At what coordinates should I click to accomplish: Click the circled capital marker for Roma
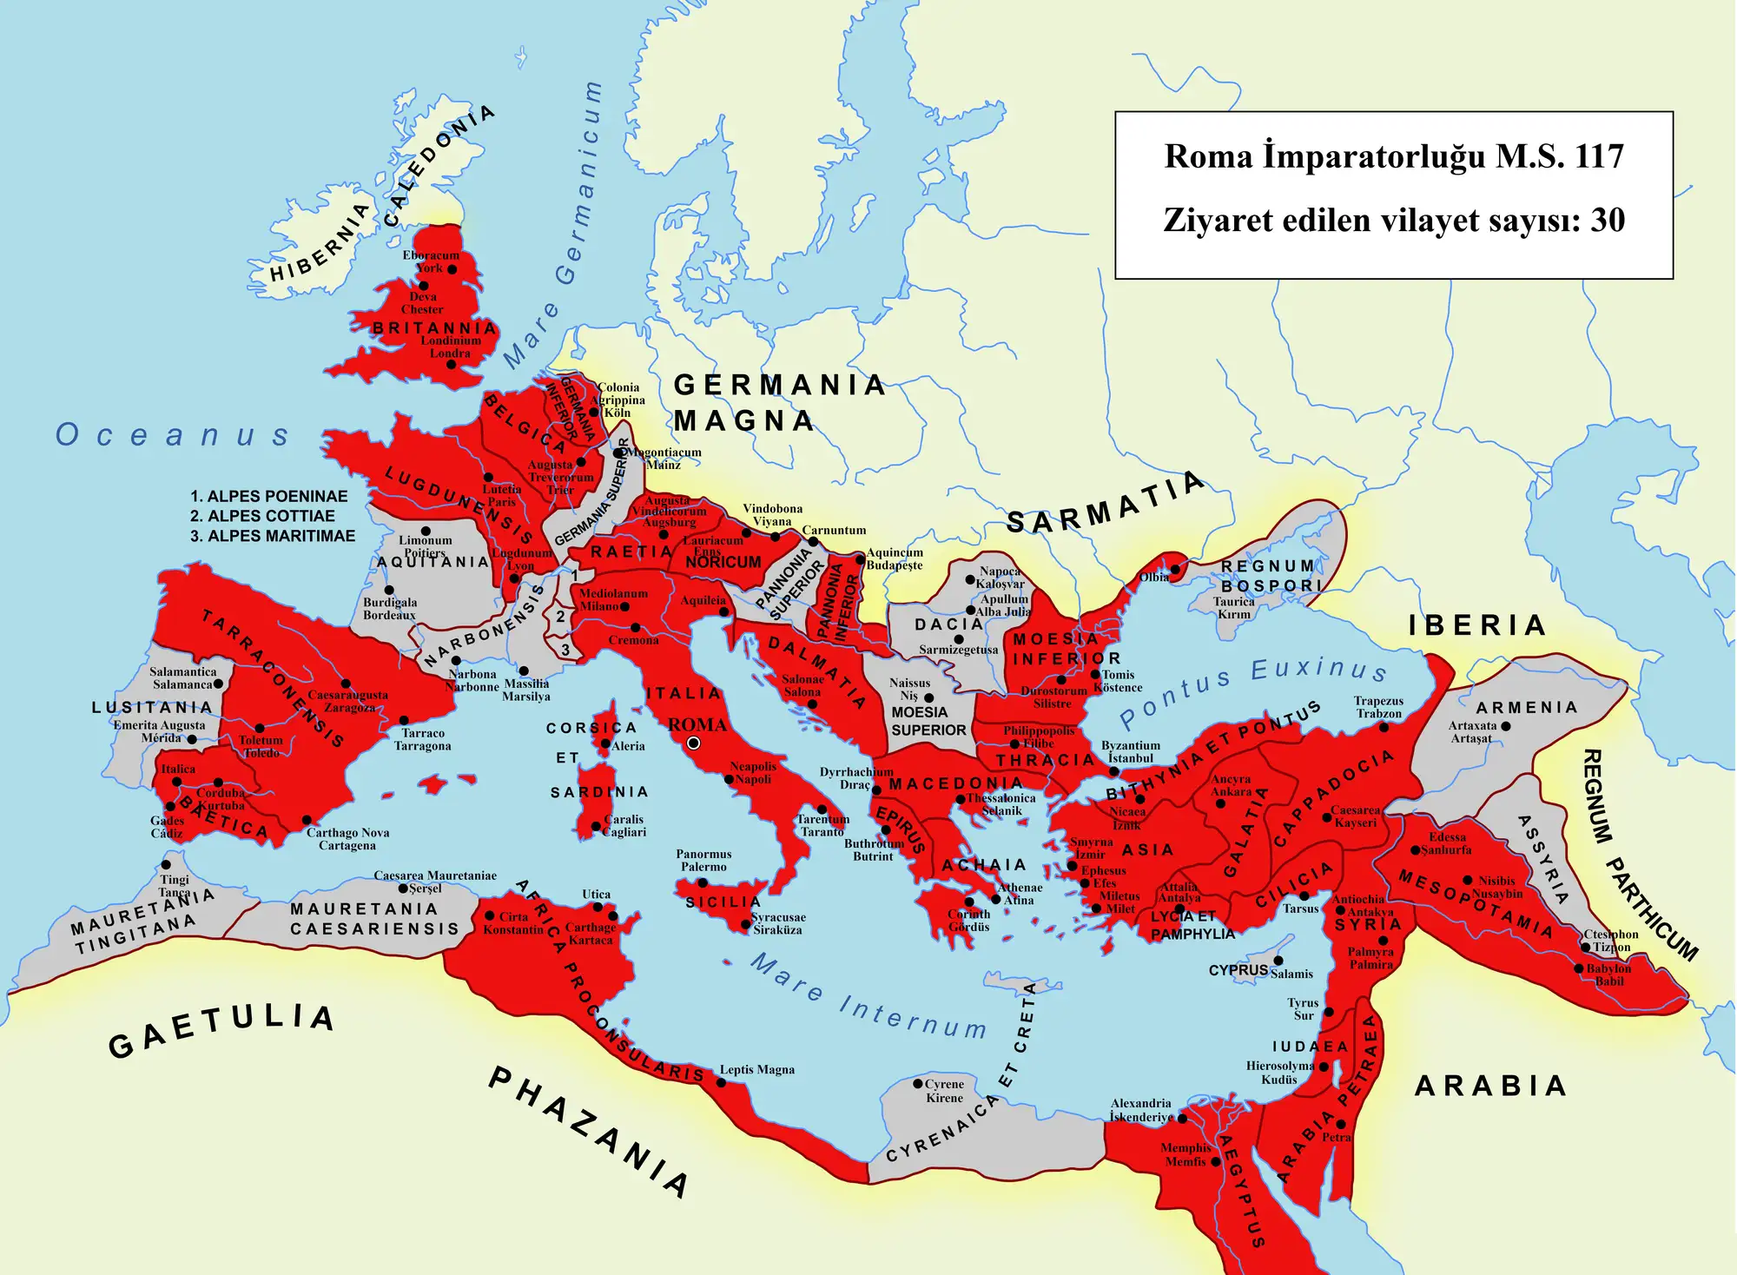pos(693,743)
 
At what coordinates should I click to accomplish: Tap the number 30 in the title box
pos(1608,221)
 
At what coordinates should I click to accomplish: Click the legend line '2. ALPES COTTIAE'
pos(262,516)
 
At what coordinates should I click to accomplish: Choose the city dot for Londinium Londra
pos(451,365)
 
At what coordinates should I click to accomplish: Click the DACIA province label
pos(948,624)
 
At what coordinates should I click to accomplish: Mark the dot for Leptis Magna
pos(721,1083)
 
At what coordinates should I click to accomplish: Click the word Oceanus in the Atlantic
pos(172,435)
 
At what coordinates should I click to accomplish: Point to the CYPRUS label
pos(1238,970)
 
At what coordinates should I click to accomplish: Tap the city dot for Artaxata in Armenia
pos(1505,726)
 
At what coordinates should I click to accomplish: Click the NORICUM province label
pos(723,563)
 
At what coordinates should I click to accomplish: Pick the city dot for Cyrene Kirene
pos(917,1084)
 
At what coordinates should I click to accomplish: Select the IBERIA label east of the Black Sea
pos(1477,625)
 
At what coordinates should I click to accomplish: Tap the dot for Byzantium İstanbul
pos(1114,771)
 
